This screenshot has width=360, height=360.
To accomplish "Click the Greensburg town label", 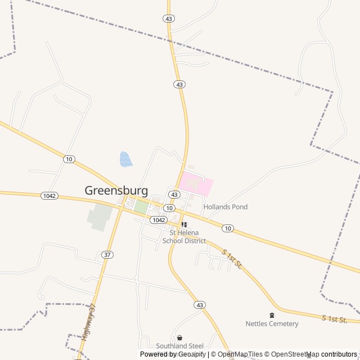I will [116, 190].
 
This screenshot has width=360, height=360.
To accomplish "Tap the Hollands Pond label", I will [226, 207].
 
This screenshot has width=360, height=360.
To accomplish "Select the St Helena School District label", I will [184, 237].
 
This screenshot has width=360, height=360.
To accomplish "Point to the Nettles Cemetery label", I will [272, 323].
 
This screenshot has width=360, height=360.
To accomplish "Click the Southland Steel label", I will [180, 346].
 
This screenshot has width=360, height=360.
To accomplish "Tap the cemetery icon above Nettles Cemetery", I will [272, 315].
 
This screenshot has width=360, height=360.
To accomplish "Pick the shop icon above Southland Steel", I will [180, 337].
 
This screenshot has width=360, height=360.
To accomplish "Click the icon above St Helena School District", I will [184, 224].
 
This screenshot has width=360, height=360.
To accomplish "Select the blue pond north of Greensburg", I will [125, 159].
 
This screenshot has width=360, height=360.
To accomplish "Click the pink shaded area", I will [196, 183].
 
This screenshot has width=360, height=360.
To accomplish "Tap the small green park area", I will [141, 207].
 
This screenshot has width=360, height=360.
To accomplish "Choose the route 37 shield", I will [107, 255].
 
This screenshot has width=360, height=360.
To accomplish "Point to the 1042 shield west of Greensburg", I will [48, 195].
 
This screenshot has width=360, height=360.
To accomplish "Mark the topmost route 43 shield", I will [169, 19].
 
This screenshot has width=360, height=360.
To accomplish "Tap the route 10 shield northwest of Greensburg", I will [69, 159].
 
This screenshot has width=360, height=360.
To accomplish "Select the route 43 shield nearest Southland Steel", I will [200, 304].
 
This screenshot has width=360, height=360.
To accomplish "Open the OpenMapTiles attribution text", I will [240, 354].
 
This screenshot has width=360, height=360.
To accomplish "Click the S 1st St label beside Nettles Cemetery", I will [334, 319].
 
